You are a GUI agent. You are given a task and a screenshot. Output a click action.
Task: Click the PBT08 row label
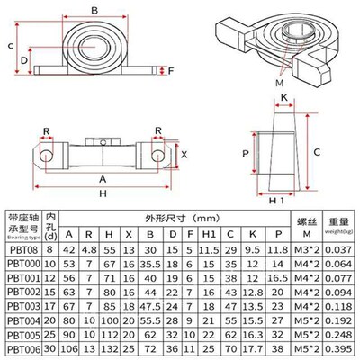(22, 249)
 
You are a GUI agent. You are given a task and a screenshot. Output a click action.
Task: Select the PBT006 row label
(22, 349)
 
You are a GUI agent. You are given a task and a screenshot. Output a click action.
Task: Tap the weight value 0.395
(338, 349)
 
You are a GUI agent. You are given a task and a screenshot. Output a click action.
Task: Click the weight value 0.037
(338, 249)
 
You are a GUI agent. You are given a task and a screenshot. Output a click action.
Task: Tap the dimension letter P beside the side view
(246, 154)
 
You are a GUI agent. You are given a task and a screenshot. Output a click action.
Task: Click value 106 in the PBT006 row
(69, 349)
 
